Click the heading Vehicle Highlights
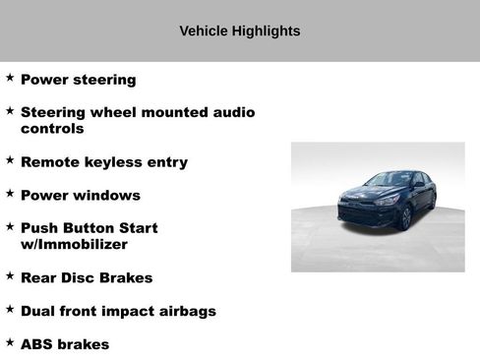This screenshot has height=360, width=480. point(239,30)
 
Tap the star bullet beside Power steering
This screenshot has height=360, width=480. point(10,77)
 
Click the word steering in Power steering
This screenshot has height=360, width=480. point(102,80)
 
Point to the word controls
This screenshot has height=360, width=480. point(52,129)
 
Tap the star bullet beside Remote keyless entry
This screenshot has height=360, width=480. point(10,159)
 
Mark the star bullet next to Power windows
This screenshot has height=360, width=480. point(10,193)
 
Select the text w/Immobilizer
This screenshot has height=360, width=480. point(75,244)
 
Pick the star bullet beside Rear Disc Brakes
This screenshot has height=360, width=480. point(10,275)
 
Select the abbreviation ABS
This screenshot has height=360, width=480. point(37,344)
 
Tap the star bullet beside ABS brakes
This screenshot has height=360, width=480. point(10,342)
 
